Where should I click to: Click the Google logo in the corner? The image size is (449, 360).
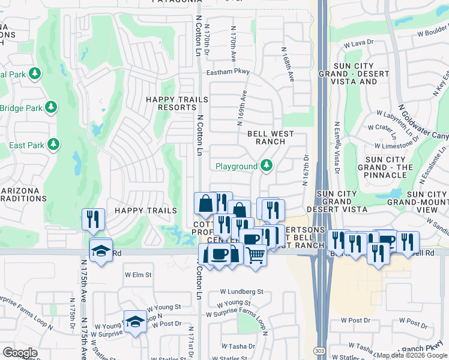coord(20,353)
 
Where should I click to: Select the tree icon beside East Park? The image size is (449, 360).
coord(53,145)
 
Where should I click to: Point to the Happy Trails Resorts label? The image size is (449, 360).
coord(169,103)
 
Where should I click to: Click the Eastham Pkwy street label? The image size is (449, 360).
coord(228,71)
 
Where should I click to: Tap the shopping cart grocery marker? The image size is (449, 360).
coord(256,255)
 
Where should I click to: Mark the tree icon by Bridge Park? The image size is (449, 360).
coord(52,107)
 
